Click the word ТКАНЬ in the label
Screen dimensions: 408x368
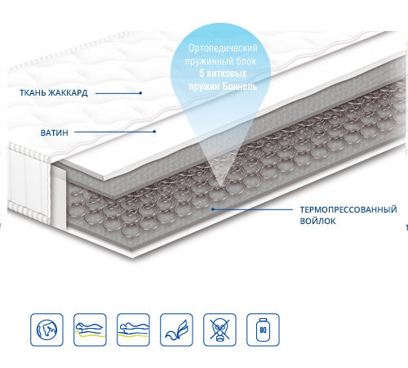(x=33, y=93)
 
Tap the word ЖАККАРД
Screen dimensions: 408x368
(x=68, y=93)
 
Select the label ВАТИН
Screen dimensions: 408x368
(x=55, y=132)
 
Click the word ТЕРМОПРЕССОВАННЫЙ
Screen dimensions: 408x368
(x=348, y=209)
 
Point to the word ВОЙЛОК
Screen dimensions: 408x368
(x=317, y=221)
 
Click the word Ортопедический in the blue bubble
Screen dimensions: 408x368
(x=223, y=48)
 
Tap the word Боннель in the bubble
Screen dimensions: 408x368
(x=240, y=87)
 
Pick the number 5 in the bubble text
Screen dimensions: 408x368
(x=202, y=74)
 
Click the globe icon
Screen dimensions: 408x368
(x=47, y=330)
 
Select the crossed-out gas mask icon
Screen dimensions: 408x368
(x=220, y=330)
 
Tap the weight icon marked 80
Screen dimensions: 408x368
(x=263, y=330)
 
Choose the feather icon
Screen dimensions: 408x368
(x=176, y=330)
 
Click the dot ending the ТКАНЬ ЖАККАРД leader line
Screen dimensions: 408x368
(x=140, y=93)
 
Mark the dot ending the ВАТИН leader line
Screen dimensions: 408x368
(x=154, y=132)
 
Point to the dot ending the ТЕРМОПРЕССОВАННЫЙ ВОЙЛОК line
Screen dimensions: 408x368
(x=213, y=209)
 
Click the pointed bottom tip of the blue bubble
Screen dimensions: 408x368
(x=220, y=188)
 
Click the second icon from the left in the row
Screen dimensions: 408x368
(x=90, y=330)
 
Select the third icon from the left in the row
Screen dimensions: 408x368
(x=133, y=330)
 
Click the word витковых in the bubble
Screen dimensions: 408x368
(x=227, y=74)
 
